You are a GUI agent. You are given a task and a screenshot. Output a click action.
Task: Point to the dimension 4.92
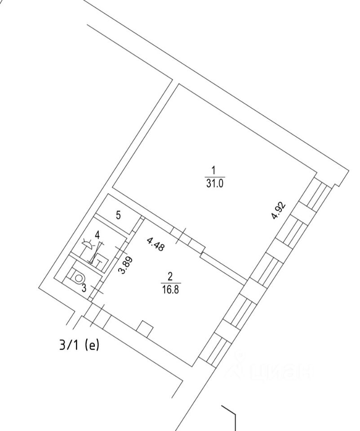click(x=279, y=211)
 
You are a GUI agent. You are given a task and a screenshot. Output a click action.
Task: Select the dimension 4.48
click(x=155, y=244)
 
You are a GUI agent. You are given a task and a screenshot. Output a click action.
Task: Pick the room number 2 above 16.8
click(x=170, y=276)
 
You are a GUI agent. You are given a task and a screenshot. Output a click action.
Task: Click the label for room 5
click(x=118, y=215)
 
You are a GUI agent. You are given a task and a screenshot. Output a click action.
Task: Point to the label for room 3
click(x=84, y=288)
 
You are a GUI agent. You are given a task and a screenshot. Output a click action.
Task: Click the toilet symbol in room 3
click(x=79, y=278)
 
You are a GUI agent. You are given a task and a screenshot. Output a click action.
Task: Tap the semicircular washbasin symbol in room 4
click(x=89, y=245)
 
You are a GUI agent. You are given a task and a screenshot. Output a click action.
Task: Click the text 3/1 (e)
click(x=79, y=346)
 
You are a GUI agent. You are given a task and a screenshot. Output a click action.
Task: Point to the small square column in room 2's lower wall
click(x=145, y=329)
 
